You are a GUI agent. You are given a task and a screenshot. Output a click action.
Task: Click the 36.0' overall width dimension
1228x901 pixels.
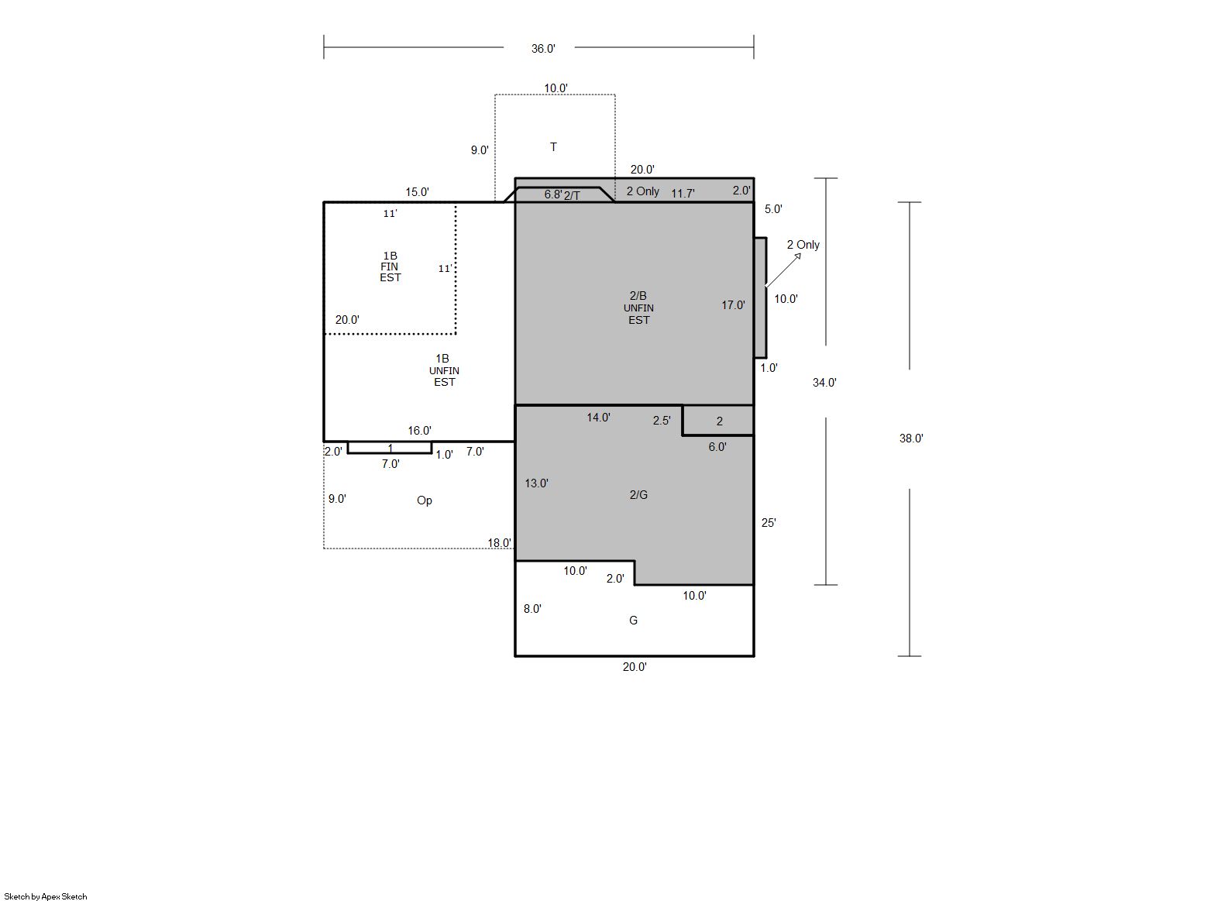[x=543, y=49]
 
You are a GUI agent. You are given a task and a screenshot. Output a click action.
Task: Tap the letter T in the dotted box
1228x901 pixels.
[x=553, y=147]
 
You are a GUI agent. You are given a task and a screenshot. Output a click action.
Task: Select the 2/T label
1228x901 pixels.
[x=572, y=196]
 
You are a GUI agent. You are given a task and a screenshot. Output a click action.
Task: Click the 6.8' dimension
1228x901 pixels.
[x=553, y=194]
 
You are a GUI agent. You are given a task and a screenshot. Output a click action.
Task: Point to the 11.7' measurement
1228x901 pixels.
[x=683, y=194]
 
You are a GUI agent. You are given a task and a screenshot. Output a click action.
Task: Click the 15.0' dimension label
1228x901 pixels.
[x=417, y=192]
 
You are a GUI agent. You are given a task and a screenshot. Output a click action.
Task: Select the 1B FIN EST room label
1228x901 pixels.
[x=390, y=267]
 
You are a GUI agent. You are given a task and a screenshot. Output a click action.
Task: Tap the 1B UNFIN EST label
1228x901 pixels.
[x=444, y=370]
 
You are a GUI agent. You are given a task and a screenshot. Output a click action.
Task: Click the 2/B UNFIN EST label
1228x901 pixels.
[x=638, y=308]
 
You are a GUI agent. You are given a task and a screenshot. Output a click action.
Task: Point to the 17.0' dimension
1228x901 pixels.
[x=733, y=305]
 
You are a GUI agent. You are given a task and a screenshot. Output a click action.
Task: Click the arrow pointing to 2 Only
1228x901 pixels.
[x=783, y=270]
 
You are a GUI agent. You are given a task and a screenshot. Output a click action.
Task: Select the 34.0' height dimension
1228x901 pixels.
[x=824, y=383]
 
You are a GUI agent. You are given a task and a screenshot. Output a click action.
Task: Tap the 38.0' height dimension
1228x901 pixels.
[x=911, y=438]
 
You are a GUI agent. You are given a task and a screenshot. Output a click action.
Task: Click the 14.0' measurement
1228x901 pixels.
[x=598, y=418]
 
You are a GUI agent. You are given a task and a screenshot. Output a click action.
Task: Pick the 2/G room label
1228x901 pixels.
[x=638, y=495]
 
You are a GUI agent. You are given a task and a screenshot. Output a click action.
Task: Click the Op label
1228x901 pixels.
[x=425, y=500]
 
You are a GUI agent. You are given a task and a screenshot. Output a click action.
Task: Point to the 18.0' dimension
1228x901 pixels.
[x=500, y=543]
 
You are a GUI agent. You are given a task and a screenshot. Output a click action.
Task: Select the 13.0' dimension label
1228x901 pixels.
[x=536, y=483]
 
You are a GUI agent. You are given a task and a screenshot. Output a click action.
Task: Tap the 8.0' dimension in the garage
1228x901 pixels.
[x=532, y=609]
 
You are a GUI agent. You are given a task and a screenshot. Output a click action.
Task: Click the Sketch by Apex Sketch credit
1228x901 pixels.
[x=46, y=896]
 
